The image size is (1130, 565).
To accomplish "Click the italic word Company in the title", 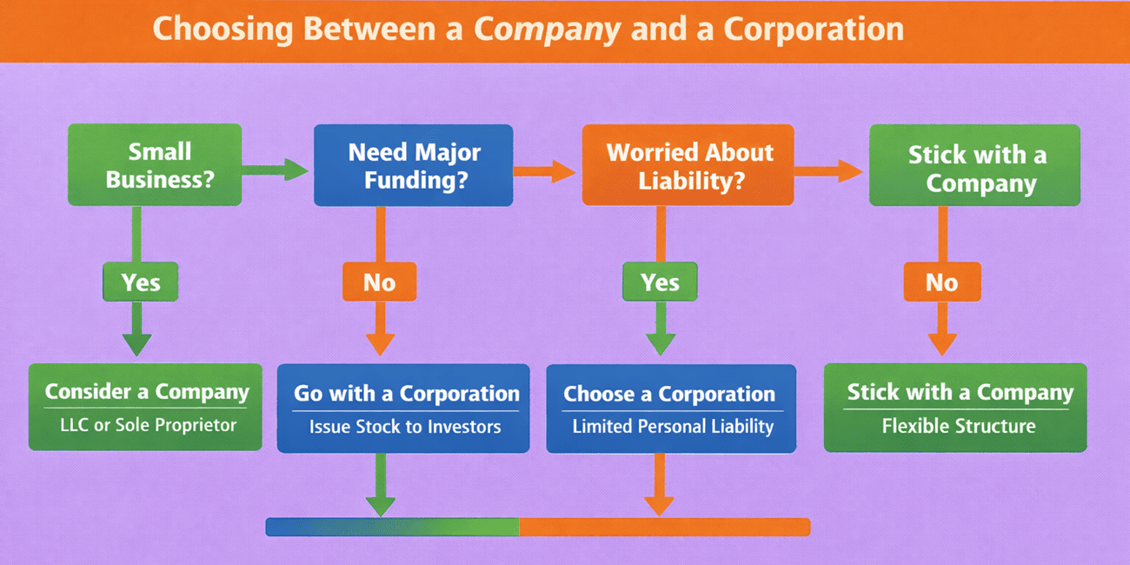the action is pos(548,30).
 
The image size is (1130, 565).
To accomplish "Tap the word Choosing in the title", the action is pos(223,30).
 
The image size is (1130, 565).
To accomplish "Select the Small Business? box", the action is pos(155,165).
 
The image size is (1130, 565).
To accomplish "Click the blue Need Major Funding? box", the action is pos(413,165).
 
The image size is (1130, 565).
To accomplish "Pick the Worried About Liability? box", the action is pos(688,165).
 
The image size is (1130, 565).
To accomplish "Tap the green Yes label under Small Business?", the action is pos(140,282).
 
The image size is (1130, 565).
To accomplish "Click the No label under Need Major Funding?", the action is pos(379,282).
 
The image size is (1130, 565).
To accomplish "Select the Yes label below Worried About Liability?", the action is pos(660,282).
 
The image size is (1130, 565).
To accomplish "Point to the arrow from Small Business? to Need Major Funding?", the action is pos(275,170).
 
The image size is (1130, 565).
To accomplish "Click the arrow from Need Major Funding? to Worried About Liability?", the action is pos(544,171).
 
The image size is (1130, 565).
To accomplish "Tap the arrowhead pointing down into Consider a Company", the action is pos(136,345).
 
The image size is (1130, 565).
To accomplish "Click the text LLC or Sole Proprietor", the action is pos(148,425).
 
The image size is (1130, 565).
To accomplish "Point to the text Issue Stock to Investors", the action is pos(405,427).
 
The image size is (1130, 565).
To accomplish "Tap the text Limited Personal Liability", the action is pos(673,427).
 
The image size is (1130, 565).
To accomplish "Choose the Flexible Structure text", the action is pos(959,426).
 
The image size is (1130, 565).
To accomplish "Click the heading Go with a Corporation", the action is pos(407,394).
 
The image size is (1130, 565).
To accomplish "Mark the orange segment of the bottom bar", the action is pos(665,527).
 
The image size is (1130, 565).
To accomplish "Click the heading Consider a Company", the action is pos(147,392).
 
